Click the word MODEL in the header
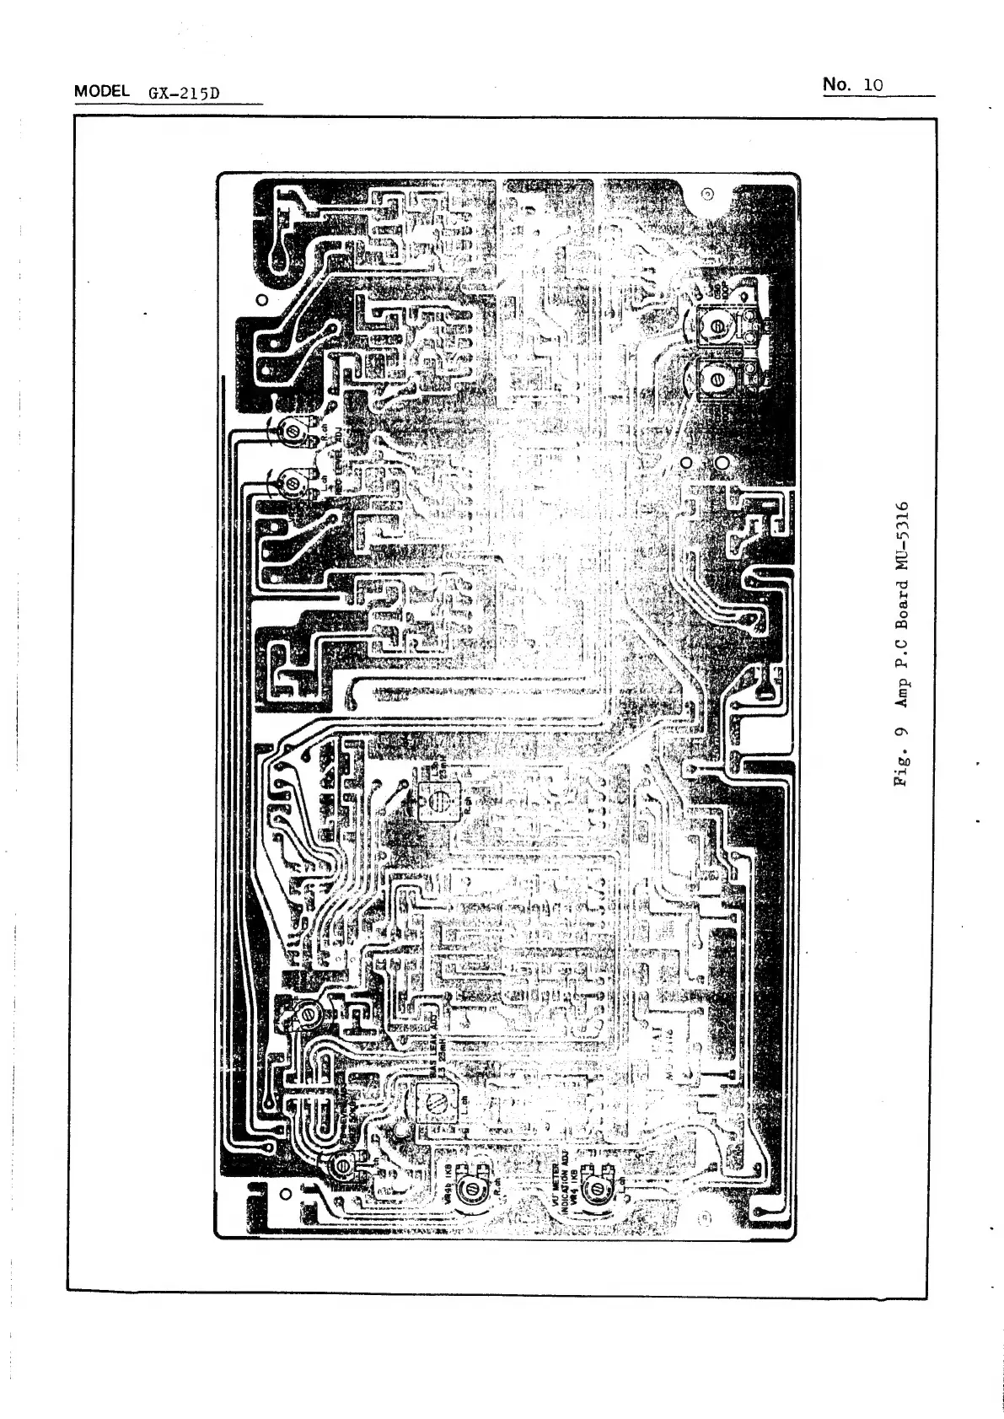[101, 91]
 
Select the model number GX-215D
[183, 92]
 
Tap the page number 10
[872, 84]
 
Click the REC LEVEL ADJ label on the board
[335, 459]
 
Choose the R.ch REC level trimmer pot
[293, 432]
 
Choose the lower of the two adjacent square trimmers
[716, 380]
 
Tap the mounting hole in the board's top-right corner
[708, 195]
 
